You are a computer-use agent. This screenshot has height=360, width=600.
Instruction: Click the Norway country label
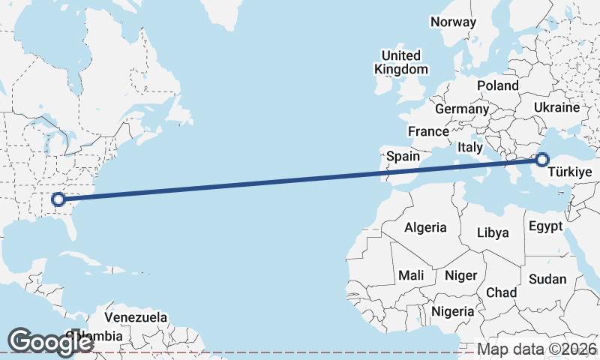pyautogui.click(x=453, y=22)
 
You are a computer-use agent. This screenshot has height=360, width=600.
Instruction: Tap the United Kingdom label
pyautogui.click(x=401, y=62)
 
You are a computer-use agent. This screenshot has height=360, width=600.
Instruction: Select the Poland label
pyautogui.click(x=497, y=85)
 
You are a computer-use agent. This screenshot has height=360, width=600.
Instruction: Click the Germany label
pyautogui.click(x=461, y=109)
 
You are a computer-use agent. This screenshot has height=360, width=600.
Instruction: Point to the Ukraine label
pyautogui.click(x=556, y=107)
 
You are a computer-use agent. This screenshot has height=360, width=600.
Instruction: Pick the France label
pyautogui.click(x=428, y=131)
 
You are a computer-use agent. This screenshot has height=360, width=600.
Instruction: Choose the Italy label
pyautogui.click(x=470, y=148)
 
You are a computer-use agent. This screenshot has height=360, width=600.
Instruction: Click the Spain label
pyautogui.click(x=403, y=157)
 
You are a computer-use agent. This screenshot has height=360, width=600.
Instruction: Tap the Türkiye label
pyautogui.click(x=571, y=173)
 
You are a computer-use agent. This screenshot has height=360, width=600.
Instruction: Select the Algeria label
pyautogui.click(x=425, y=227)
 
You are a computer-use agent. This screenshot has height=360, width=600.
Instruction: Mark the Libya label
pyautogui.click(x=493, y=232)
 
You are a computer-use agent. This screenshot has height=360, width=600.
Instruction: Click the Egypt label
pyautogui.click(x=545, y=226)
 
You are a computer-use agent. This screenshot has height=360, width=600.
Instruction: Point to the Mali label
pyautogui.click(x=411, y=275)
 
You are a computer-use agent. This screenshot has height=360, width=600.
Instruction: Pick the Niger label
pyautogui.click(x=460, y=275)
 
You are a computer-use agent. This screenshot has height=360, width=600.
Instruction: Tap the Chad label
pyautogui.click(x=501, y=292)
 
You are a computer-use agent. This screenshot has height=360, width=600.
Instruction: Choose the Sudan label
pyautogui.click(x=547, y=279)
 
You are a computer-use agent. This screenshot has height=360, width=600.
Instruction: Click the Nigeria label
pyautogui.click(x=452, y=310)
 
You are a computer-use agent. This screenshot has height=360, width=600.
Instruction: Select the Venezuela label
pyautogui.click(x=136, y=316)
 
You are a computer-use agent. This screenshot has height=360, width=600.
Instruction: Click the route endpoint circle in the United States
pyautogui.click(x=58, y=199)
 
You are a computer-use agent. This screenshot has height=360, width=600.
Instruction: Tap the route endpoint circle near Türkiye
pyautogui.click(x=542, y=159)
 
